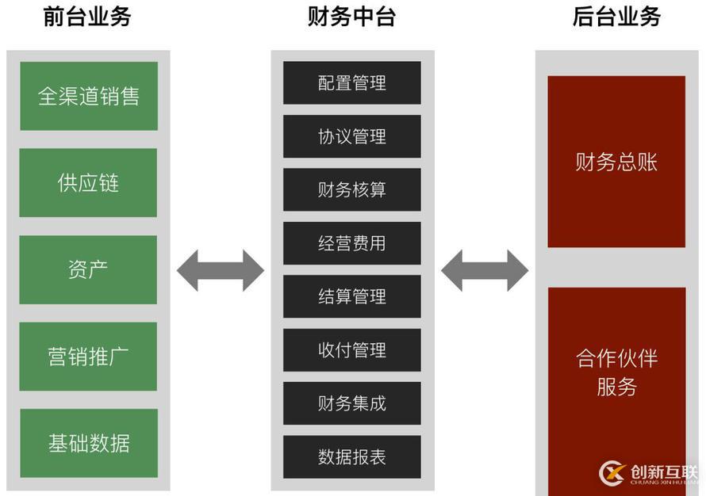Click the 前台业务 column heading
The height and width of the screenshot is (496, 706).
click(x=87, y=17)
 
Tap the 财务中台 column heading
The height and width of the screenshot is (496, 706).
click(x=351, y=17)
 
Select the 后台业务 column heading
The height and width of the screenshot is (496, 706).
click(x=616, y=17)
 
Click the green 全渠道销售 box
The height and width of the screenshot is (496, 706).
click(x=88, y=96)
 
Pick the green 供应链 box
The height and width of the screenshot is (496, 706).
click(x=88, y=182)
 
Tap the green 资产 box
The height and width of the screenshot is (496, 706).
click(x=88, y=269)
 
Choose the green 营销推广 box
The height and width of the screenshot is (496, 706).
click(x=88, y=356)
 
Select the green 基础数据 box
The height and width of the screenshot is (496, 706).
click(x=88, y=443)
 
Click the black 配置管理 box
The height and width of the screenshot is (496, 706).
click(x=351, y=82)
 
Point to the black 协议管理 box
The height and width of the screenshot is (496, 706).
click(x=351, y=136)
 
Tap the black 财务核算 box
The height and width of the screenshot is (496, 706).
click(x=351, y=189)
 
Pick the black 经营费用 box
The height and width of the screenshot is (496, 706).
click(x=351, y=243)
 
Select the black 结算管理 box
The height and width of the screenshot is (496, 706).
click(x=351, y=296)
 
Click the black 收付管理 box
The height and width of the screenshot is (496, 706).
click(x=351, y=350)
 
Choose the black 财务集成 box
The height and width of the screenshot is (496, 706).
click(x=351, y=403)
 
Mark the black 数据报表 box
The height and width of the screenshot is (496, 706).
click(x=351, y=457)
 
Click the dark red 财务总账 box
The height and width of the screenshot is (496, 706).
click(x=616, y=162)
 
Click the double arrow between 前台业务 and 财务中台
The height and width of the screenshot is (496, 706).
click(x=220, y=270)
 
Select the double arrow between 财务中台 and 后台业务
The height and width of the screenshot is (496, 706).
click(x=484, y=270)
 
